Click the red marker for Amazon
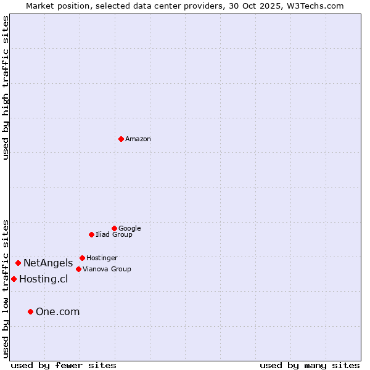(x=121, y=139)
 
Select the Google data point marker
(x=114, y=228)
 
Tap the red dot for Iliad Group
(x=91, y=234)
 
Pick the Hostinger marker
(x=82, y=258)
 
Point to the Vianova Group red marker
(x=78, y=269)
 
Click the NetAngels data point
(x=18, y=263)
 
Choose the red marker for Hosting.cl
(x=14, y=279)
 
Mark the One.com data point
(x=30, y=311)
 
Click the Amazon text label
(x=138, y=139)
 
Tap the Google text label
(x=129, y=228)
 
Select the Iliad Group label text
(x=114, y=234)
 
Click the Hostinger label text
(x=102, y=258)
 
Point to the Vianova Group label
(x=107, y=269)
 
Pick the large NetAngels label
(x=48, y=263)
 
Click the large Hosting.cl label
(x=43, y=279)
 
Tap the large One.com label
(x=57, y=312)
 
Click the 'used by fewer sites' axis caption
(x=64, y=365)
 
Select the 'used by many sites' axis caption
(x=310, y=365)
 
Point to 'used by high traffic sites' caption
(x=6, y=88)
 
